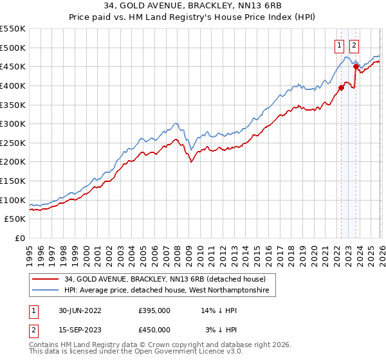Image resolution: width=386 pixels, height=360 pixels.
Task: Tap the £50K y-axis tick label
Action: pyautogui.click(x=15, y=219)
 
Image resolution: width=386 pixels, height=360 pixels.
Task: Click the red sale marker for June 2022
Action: pyautogui.click(x=341, y=88)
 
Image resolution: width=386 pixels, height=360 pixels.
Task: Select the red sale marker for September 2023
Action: pyautogui.click(x=355, y=66)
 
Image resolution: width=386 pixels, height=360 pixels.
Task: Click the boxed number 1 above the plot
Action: pyautogui.click(x=338, y=45)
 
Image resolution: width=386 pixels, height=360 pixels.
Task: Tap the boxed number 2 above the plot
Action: pyautogui.click(x=354, y=45)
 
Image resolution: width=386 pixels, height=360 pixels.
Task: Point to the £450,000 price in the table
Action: pyautogui.click(x=154, y=329)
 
